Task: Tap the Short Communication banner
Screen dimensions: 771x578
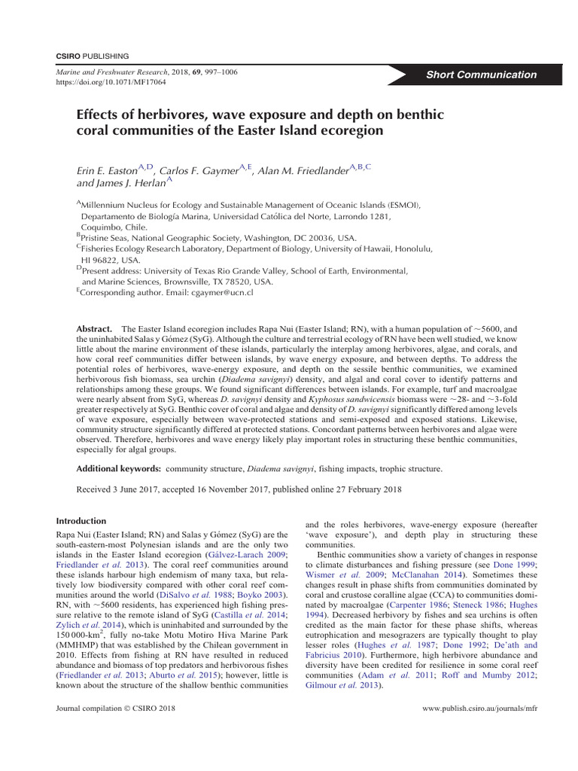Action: point(482,75)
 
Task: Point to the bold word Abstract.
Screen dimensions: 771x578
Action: point(95,330)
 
